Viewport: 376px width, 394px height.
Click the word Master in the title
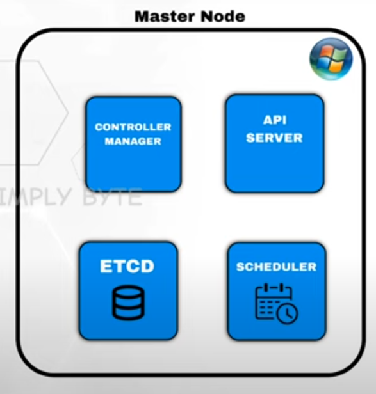165,17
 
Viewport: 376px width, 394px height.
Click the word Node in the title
223,17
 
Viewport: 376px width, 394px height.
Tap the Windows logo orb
331,59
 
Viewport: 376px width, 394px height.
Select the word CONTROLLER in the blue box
133,127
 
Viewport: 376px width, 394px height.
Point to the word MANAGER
133,141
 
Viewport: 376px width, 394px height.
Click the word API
275,120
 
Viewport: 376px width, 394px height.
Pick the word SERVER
274,138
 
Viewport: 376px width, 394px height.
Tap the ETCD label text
127,266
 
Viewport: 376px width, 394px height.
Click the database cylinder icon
128,303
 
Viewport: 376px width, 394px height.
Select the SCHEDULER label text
276,267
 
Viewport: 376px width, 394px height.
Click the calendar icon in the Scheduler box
277,304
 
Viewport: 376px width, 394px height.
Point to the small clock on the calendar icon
288,313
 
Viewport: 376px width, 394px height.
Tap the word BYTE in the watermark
112,197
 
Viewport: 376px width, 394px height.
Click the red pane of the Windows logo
325,52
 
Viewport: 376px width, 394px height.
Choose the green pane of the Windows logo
339,54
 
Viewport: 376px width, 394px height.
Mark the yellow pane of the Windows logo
336,67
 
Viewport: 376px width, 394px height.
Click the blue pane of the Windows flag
322,65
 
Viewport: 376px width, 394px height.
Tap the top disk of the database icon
128,292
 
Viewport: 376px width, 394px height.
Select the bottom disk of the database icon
128,313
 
